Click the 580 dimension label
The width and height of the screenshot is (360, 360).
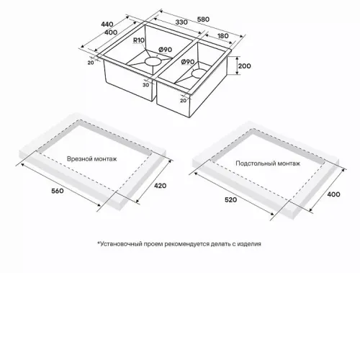click(x=203, y=19)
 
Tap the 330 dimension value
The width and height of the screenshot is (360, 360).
click(x=181, y=22)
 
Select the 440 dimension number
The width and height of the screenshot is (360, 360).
click(x=107, y=24)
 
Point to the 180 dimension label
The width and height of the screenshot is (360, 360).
click(x=222, y=36)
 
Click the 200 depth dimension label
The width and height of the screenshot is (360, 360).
click(x=244, y=66)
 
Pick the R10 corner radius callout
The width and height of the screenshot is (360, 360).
click(x=139, y=40)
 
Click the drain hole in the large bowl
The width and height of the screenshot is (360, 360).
click(x=153, y=61)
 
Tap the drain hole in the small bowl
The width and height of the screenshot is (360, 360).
click(x=199, y=73)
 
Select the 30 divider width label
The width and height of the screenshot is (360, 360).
click(x=145, y=85)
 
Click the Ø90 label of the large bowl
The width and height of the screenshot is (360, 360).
click(x=166, y=50)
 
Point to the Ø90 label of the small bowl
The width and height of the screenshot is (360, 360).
click(x=188, y=62)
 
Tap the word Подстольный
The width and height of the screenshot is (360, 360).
click(x=256, y=163)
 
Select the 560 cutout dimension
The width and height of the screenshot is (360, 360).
click(x=58, y=191)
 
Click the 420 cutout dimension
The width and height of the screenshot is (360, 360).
click(x=160, y=186)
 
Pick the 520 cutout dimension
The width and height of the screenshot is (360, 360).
click(x=230, y=199)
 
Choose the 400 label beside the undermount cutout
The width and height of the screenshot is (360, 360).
click(x=333, y=194)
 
